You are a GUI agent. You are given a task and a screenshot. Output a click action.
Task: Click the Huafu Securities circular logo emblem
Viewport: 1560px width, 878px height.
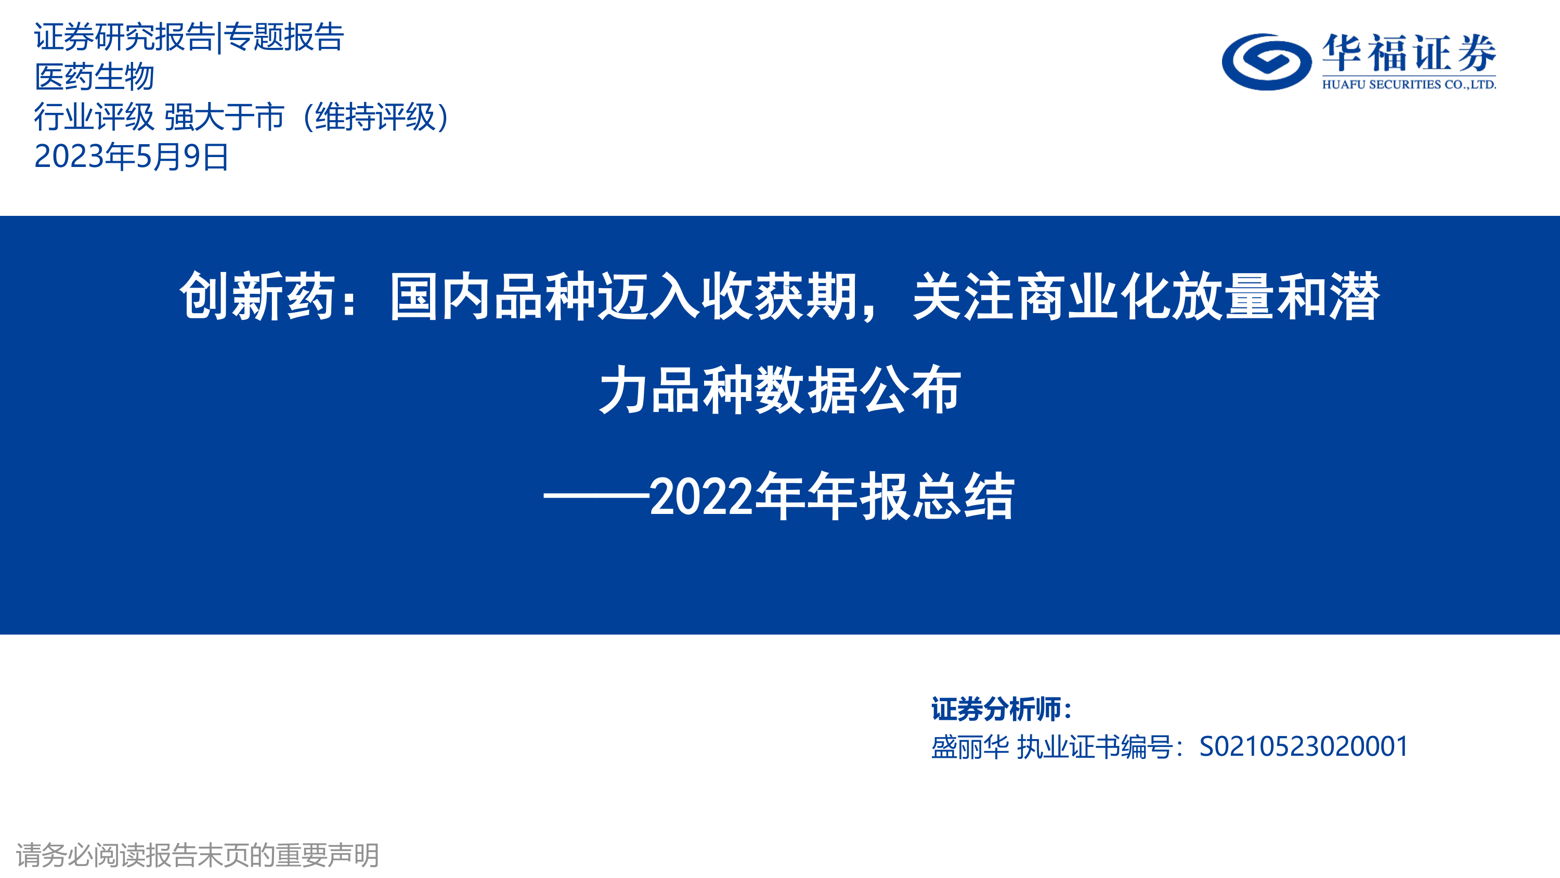(1266, 61)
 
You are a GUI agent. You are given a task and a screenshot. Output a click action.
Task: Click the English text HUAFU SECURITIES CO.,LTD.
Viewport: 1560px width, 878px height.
(1409, 85)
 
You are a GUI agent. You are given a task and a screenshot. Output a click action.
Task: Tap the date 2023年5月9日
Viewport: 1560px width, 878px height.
(132, 157)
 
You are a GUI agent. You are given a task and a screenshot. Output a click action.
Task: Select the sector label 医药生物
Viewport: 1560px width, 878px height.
(95, 77)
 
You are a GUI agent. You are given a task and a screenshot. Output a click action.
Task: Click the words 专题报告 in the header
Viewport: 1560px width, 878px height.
(284, 37)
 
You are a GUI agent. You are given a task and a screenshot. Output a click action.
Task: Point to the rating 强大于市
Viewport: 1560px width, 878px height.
(224, 117)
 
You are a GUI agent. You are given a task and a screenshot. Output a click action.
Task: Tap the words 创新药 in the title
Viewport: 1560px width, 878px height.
(257, 296)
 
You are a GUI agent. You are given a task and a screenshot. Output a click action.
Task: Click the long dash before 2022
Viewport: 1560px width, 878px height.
(596, 496)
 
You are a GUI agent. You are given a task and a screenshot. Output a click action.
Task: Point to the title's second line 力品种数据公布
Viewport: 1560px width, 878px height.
(780, 390)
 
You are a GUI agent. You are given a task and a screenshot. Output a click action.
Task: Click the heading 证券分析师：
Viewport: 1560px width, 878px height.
(1002, 709)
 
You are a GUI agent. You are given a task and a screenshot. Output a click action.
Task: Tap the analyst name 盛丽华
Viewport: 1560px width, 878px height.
(970, 746)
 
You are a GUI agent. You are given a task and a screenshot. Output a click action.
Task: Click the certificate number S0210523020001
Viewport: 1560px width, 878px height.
(1304, 746)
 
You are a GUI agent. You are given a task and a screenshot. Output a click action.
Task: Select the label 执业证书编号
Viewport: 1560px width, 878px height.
(1095, 746)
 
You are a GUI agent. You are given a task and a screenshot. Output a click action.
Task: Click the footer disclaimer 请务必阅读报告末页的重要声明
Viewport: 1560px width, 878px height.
(198, 855)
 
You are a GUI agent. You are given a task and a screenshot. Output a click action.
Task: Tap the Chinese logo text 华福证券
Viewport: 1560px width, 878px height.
(1409, 54)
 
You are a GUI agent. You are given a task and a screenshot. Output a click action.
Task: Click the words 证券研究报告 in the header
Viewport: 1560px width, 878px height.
(125, 37)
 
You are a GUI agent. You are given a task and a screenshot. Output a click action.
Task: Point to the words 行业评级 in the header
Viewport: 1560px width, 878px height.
(95, 117)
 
